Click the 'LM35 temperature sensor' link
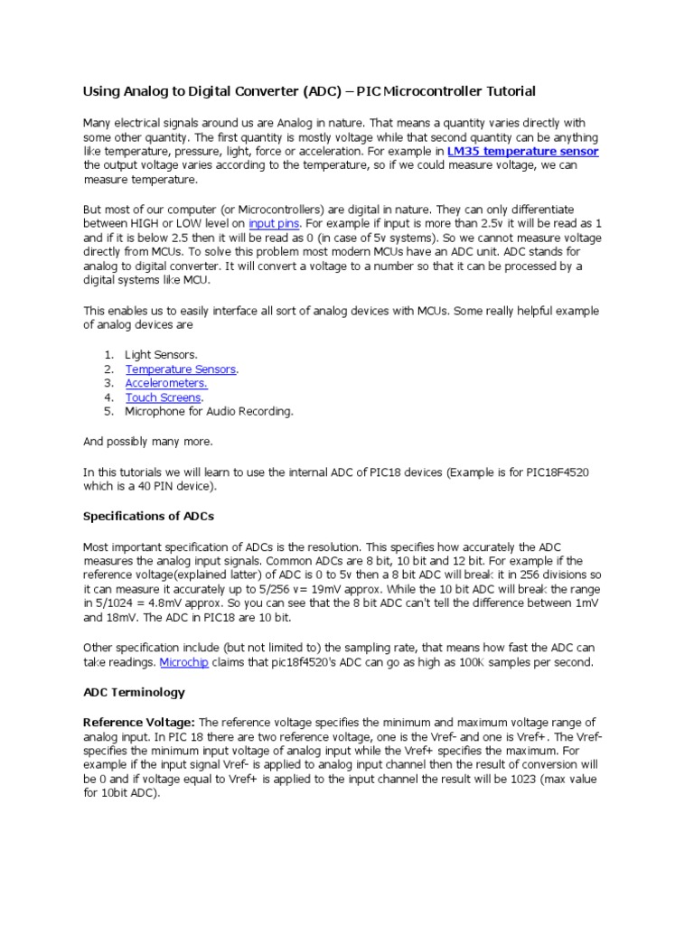coord(522,152)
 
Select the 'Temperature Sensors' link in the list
coord(181,369)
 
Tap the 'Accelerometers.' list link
coord(165,383)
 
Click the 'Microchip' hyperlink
coord(183,662)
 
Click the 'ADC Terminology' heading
coord(134,692)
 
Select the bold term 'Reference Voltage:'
coord(138,722)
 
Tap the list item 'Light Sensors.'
coord(161,355)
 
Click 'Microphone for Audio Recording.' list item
coord(209,411)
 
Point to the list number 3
coord(107,383)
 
